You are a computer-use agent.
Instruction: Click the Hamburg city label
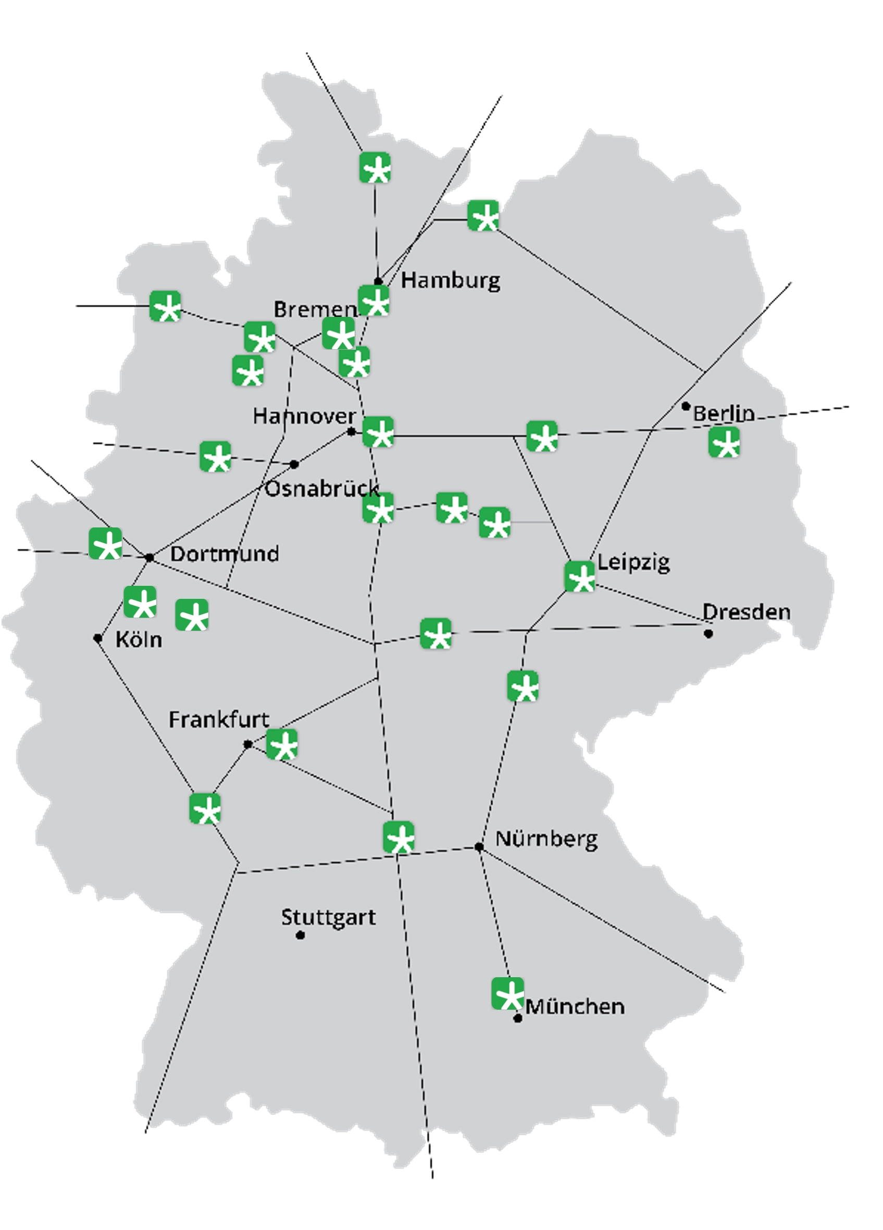[x=451, y=280]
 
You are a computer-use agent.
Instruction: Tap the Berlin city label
[x=724, y=414]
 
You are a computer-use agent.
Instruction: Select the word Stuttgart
[x=328, y=917]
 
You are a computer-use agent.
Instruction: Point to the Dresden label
[x=746, y=612]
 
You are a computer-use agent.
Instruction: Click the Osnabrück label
[x=321, y=489]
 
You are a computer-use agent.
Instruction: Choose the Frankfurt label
[x=219, y=720]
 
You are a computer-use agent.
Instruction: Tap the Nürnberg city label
[x=546, y=839]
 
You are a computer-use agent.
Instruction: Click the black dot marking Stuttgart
[x=300, y=935]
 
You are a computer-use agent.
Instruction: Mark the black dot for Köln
[x=97, y=638]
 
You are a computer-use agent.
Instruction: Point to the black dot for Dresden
[x=708, y=633]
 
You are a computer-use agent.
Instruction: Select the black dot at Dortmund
[x=150, y=558]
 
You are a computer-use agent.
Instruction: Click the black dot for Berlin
[x=686, y=406]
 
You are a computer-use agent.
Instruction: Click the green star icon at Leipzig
[x=579, y=576]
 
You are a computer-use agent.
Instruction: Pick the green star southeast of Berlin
[x=724, y=442]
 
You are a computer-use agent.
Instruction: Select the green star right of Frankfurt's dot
[x=282, y=744]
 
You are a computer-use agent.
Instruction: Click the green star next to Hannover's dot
[x=378, y=432]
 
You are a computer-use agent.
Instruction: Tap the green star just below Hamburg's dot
[x=374, y=300]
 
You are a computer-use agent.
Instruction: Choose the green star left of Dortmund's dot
[x=105, y=543]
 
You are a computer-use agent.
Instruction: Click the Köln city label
[x=139, y=639]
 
